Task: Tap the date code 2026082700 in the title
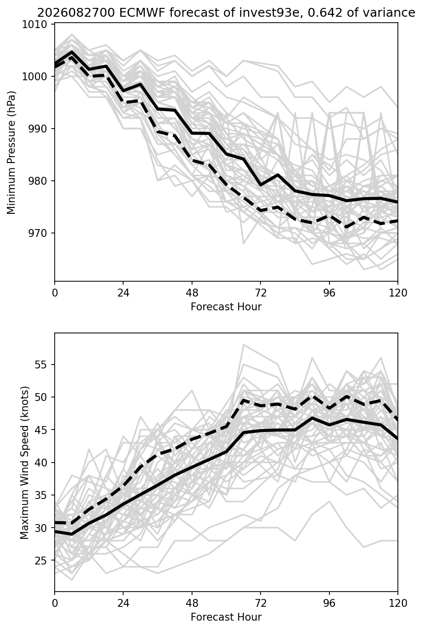[x=76, y=13]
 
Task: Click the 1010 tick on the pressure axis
[x=34, y=25]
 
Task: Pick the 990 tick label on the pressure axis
[x=37, y=129]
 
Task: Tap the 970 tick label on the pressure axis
[x=37, y=233]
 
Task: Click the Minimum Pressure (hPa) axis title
[x=11, y=152]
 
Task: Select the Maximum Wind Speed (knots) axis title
[x=25, y=463]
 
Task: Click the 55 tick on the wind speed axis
[x=40, y=365]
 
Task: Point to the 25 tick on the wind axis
[x=40, y=561]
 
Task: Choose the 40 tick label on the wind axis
[x=40, y=463]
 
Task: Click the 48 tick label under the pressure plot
[x=192, y=293]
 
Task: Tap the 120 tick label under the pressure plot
[x=398, y=293]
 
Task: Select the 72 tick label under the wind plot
[x=260, y=603]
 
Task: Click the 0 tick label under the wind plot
[x=55, y=603]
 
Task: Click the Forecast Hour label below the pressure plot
[x=226, y=306]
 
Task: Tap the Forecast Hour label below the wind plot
[x=226, y=617]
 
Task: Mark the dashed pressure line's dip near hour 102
[x=347, y=227]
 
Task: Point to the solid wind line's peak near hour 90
[x=312, y=418]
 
